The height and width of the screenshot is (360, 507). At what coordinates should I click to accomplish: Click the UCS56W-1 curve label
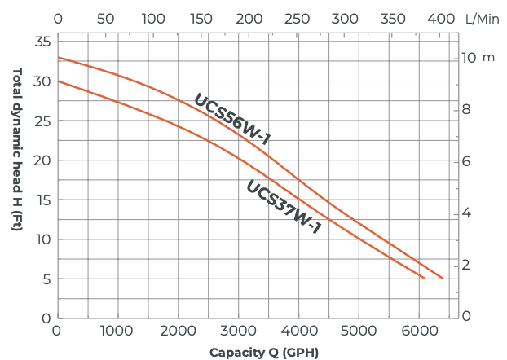[231, 120]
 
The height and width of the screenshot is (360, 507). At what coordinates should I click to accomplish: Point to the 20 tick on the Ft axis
[43, 160]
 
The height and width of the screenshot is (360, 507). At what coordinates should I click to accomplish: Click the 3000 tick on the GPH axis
[239, 331]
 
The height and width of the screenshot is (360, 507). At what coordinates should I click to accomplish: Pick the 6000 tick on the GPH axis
[421, 331]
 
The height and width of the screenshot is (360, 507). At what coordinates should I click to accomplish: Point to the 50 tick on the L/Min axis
[106, 17]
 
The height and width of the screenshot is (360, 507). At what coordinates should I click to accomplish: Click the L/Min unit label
[481, 17]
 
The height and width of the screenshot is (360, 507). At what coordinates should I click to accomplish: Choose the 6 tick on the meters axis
[467, 161]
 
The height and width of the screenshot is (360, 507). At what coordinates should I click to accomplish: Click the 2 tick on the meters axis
[467, 265]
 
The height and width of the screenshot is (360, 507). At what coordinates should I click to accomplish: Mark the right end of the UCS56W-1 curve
[443, 279]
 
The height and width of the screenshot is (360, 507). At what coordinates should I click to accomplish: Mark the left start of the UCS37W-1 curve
[58, 81]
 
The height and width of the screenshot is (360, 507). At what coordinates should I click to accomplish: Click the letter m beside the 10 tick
[489, 59]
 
